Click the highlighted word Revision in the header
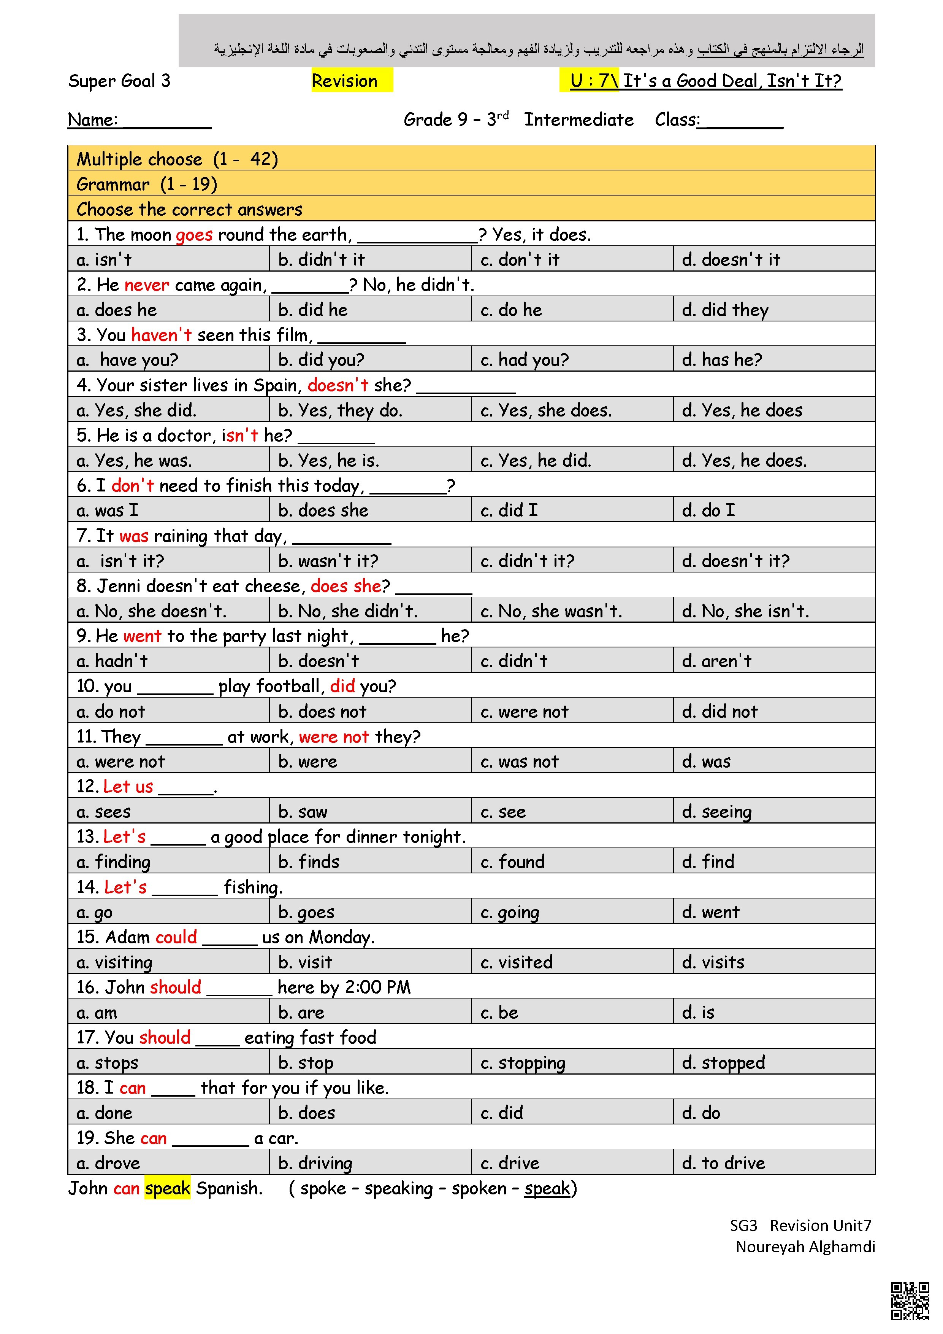pyautogui.click(x=344, y=81)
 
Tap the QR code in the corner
pyautogui.click(x=910, y=1301)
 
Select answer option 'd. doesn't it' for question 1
pyautogui.click(x=731, y=259)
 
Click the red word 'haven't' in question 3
pyautogui.click(x=161, y=335)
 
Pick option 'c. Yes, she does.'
pyautogui.click(x=546, y=410)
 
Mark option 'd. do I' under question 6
pyautogui.click(x=708, y=510)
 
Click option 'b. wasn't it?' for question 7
pyautogui.click(x=328, y=561)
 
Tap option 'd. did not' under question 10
pyautogui.click(x=720, y=711)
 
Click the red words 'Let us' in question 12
pyautogui.click(x=128, y=786)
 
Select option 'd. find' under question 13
pyautogui.click(x=708, y=861)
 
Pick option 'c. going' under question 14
pyautogui.click(x=510, y=912)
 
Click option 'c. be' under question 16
pyautogui.click(x=499, y=1012)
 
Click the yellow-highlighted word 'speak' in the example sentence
pyautogui.click(x=167, y=1188)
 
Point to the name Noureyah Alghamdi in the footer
pyautogui.click(x=805, y=1247)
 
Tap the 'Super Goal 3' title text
pyautogui.click(x=119, y=81)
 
